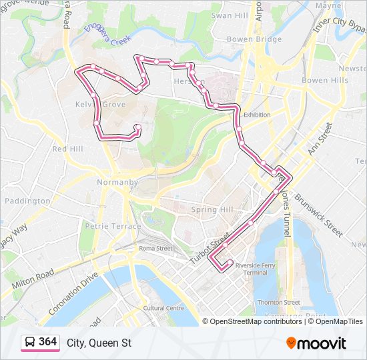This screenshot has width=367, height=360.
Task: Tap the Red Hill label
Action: point(67,149)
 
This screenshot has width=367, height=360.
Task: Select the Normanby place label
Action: point(116,182)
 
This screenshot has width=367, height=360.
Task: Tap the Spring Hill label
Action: point(212,209)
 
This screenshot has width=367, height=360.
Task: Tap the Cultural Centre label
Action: point(163,308)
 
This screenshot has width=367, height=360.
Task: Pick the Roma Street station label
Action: point(155,248)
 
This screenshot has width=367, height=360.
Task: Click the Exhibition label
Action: point(257,115)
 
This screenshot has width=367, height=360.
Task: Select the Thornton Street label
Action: point(278,302)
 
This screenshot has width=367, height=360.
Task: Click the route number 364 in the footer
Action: point(47,342)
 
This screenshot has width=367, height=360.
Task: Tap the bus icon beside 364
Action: point(30,342)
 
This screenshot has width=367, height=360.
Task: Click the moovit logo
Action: point(316,343)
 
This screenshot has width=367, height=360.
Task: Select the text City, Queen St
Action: point(99,343)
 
